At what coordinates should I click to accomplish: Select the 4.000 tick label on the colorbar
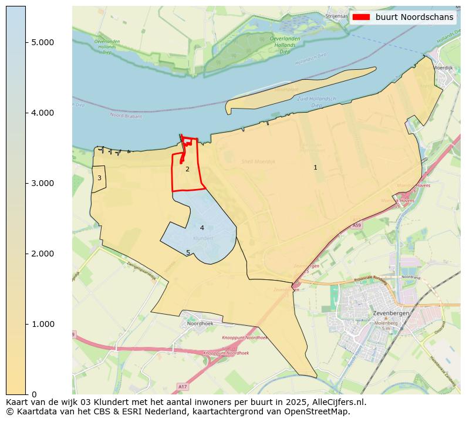[42, 113]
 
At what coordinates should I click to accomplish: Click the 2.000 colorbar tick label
[42, 254]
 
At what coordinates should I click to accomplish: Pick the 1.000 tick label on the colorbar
[42, 324]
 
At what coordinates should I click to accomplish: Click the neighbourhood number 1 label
[315, 167]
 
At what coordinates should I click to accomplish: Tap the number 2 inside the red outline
[187, 169]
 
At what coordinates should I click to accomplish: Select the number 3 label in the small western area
[99, 178]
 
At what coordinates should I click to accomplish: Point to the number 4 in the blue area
[202, 228]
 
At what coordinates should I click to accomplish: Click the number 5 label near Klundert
[188, 252]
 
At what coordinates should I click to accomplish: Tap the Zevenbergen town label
[391, 313]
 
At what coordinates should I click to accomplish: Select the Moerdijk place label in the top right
[443, 67]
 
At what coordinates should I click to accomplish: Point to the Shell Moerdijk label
[258, 161]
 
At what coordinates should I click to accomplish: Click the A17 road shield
[183, 387]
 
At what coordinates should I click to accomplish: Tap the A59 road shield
[357, 225]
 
